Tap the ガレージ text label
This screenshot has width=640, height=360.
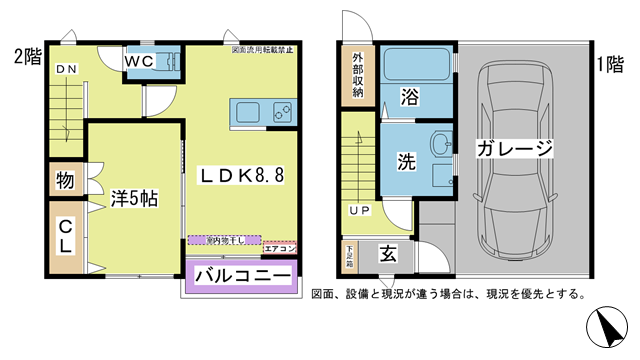(514, 149)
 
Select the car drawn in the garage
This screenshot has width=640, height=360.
(516, 160)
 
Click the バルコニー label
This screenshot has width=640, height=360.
(243, 274)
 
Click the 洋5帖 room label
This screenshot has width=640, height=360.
(133, 198)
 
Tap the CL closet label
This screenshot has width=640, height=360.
(65, 236)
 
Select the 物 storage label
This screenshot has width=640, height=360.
(65, 181)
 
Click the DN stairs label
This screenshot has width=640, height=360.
(65, 68)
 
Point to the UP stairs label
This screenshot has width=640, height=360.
(358, 211)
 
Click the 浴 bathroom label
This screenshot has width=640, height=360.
(410, 98)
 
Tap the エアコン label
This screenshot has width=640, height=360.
(281, 247)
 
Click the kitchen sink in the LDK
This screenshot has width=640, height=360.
(249, 110)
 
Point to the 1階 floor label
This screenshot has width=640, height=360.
(610, 64)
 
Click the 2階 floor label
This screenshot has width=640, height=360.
(27, 56)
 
